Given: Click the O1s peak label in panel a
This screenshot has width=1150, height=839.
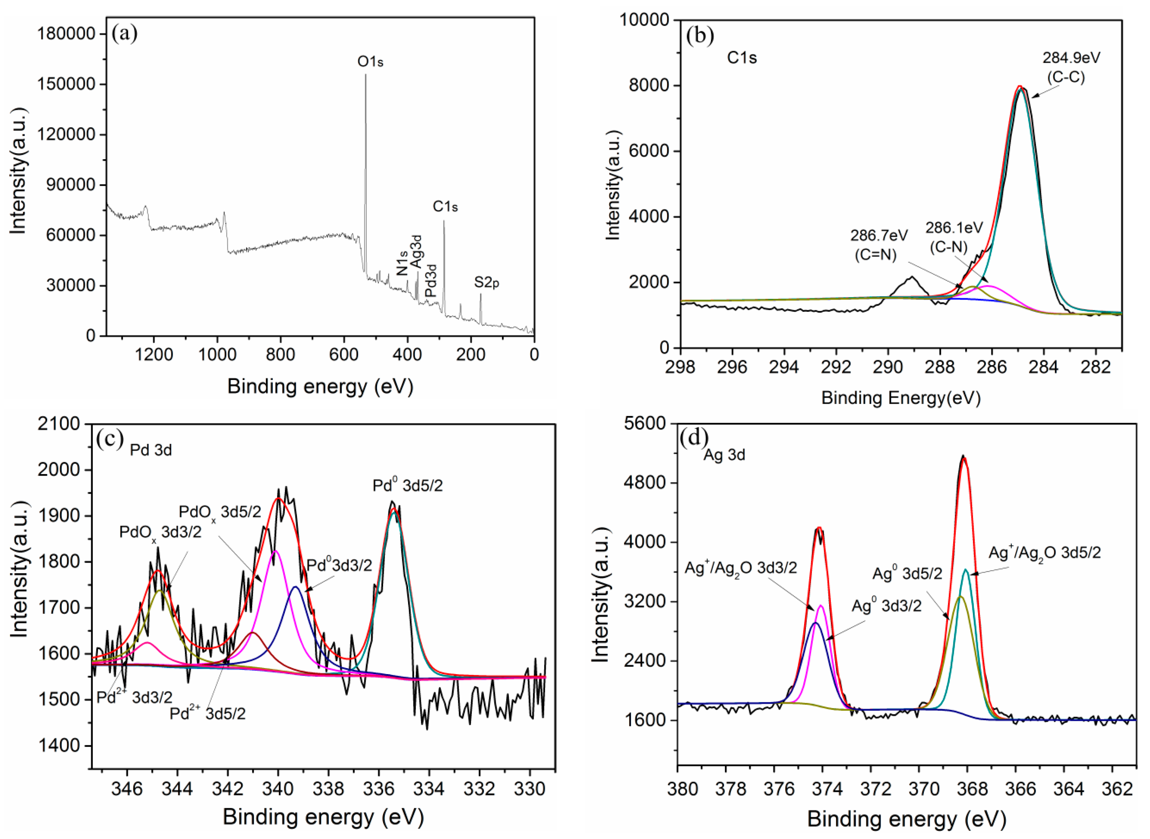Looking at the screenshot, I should click(370, 62).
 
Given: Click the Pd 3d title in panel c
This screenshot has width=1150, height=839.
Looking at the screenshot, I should click(151, 450).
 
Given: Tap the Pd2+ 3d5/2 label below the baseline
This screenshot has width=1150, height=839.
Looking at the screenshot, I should click(207, 714).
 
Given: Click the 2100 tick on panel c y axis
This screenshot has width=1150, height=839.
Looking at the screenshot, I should click(58, 424).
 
